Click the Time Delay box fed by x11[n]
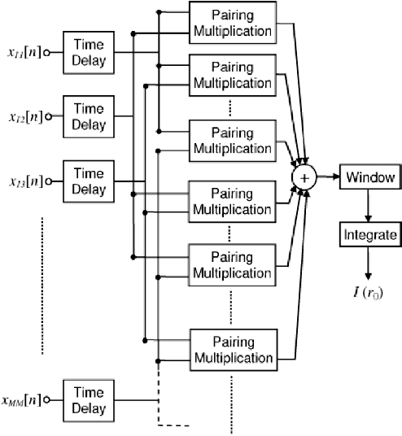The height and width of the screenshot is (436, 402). point(88,53)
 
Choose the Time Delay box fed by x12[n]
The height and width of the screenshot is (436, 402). point(88,116)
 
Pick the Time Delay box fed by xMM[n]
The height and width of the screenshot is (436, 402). point(88,399)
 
